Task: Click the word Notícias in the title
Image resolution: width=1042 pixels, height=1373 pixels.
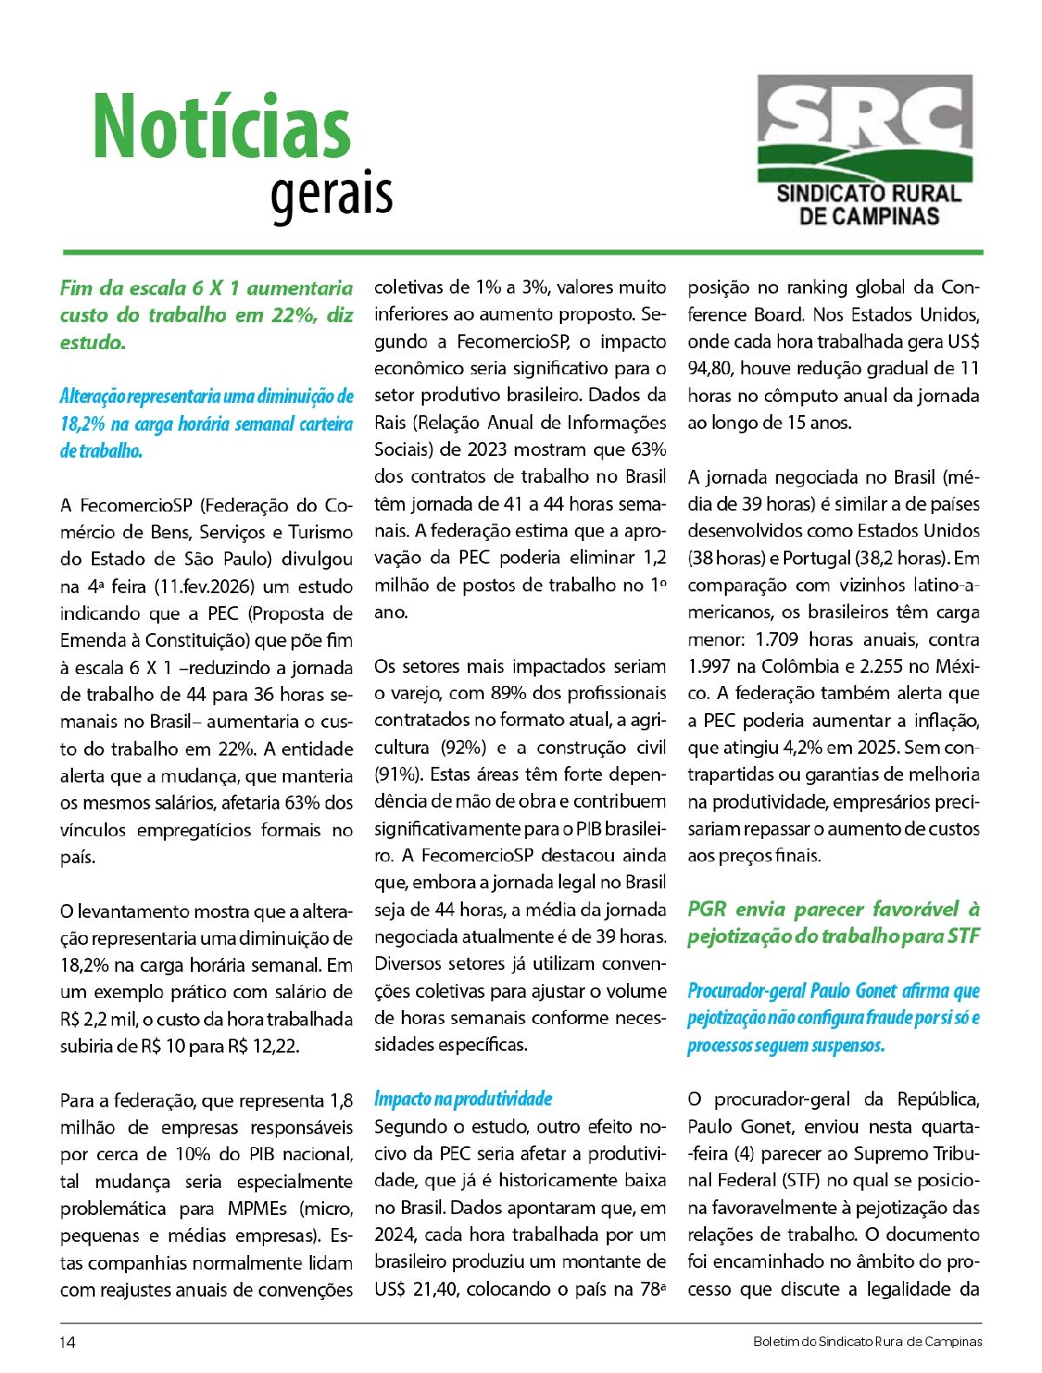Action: (x=222, y=127)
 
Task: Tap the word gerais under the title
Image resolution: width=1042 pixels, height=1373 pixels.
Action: (x=332, y=194)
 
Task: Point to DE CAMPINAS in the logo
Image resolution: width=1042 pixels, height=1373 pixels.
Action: (x=868, y=216)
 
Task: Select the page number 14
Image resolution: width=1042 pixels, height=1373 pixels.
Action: (x=68, y=1342)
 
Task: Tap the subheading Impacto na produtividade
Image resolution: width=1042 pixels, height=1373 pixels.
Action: (x=463, y=1099)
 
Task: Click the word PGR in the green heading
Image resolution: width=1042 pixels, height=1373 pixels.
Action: (x=706, y=909)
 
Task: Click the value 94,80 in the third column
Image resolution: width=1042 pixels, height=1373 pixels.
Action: (x=709, y=368)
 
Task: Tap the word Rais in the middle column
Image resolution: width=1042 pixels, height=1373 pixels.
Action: (x=392, y=422)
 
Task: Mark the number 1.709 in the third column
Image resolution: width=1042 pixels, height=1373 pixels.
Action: (x=777, y=639)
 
